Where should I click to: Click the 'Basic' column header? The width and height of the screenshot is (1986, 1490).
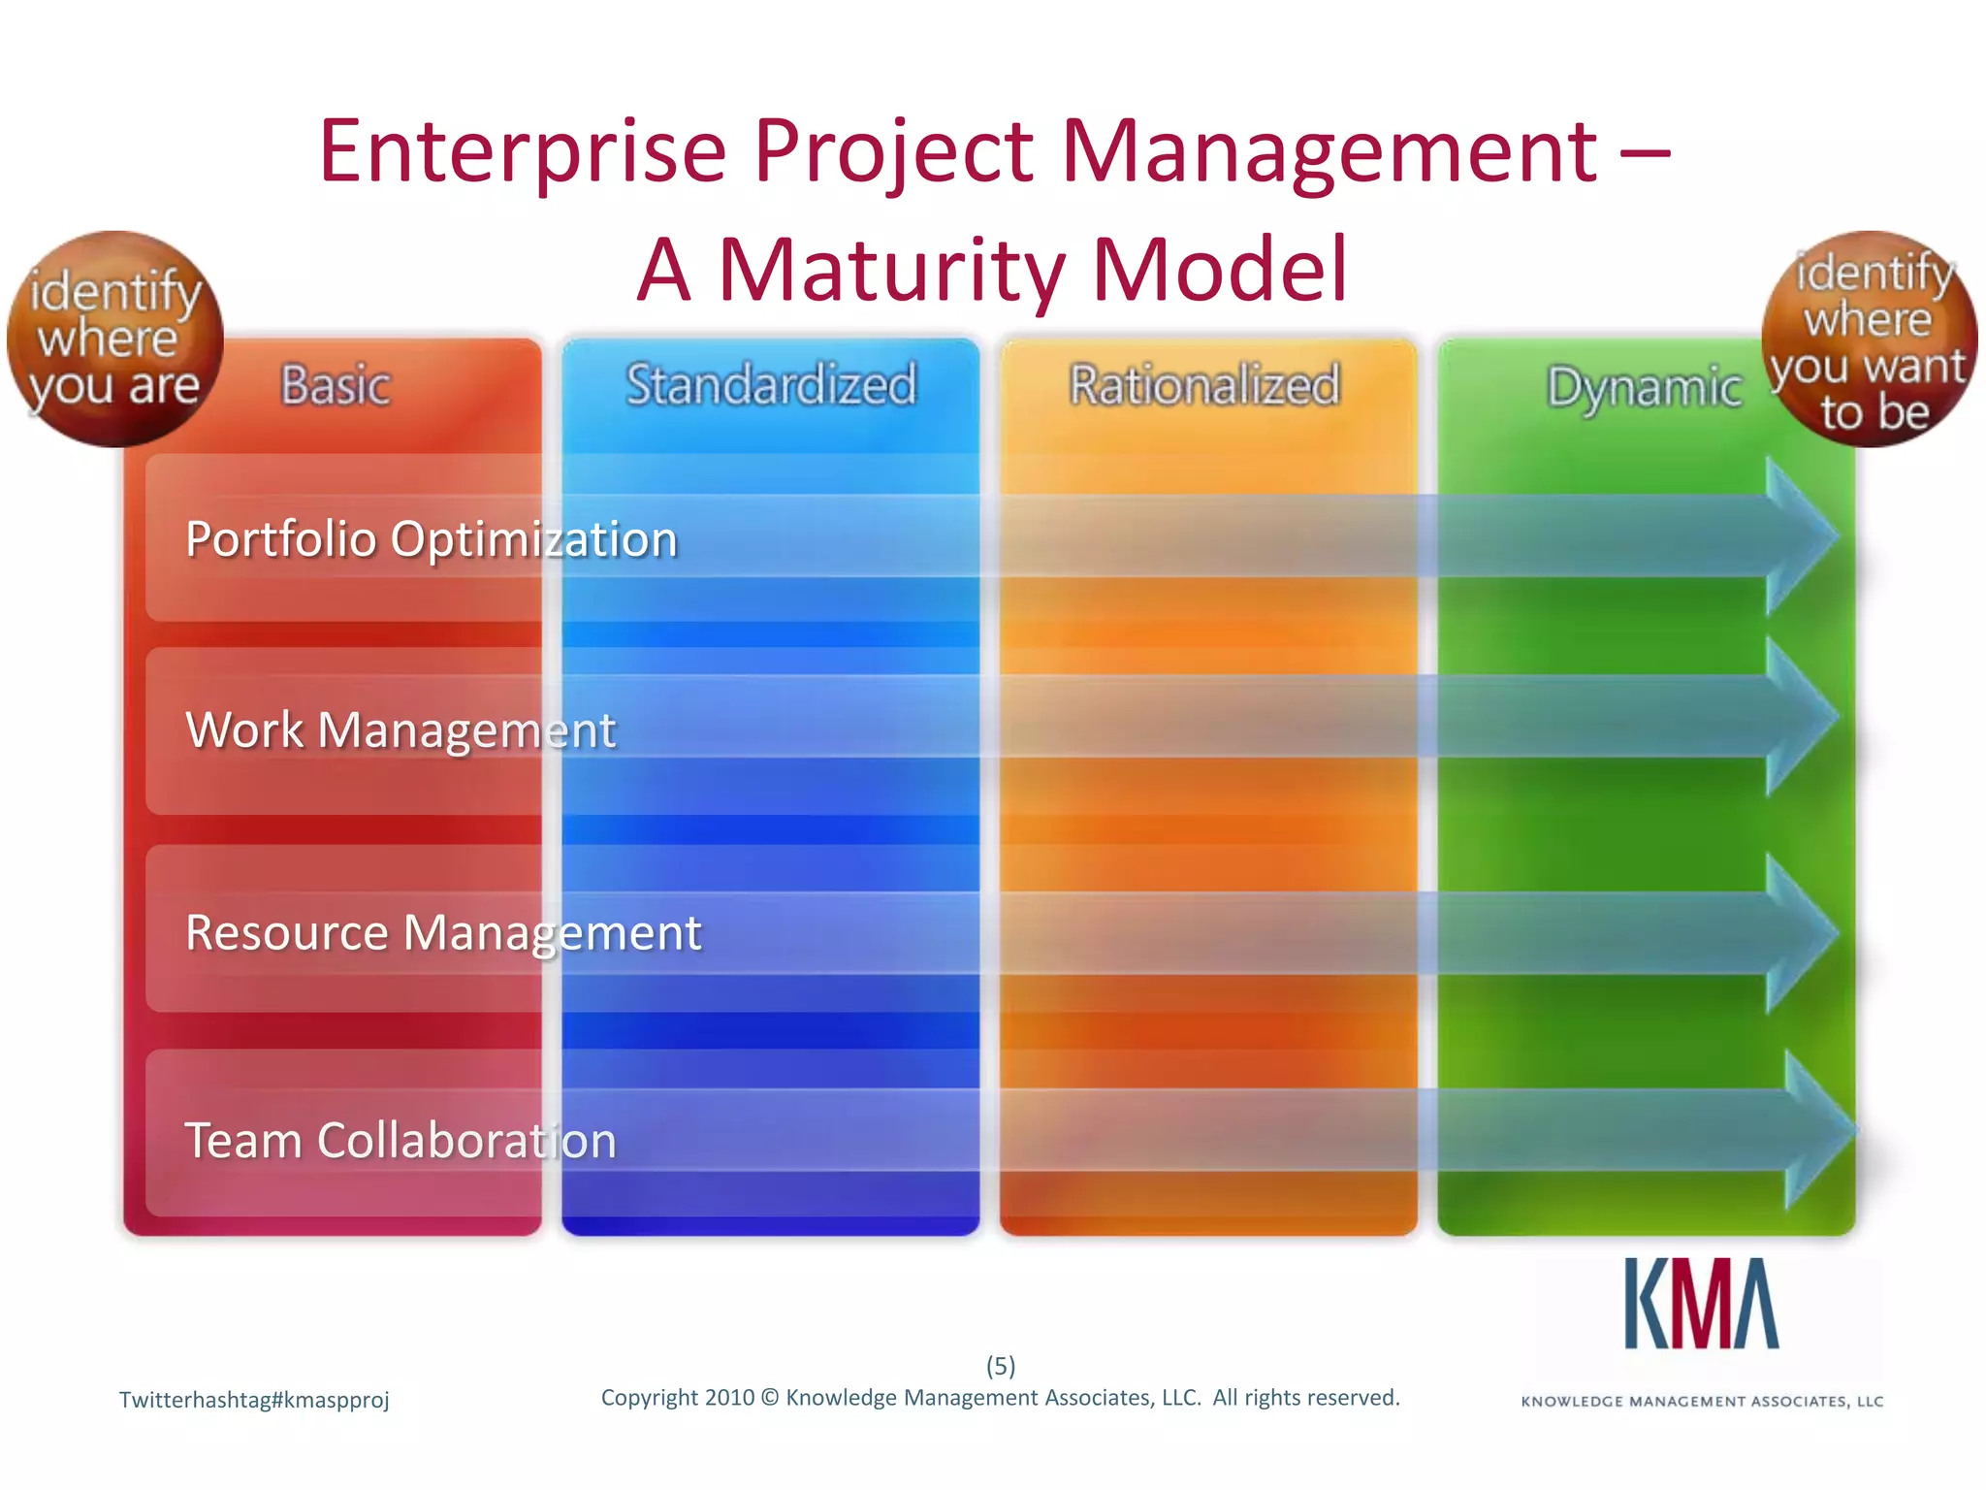click(x=336, y=385)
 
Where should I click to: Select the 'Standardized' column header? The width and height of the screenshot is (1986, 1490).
click(x=771, y=384)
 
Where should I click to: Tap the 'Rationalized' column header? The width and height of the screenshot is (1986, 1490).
click(x=1204, y=384)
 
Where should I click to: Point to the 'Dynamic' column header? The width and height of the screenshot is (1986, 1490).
click(x=1644, y=388)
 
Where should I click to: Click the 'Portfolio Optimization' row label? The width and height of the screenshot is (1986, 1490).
click(x=431, y=539)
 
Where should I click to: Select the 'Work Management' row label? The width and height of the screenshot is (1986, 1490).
click(x=400, y=729)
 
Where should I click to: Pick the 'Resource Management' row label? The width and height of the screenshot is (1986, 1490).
click(x=443, y=933)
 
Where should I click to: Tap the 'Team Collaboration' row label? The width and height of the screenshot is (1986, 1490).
click(x=400, y=1140)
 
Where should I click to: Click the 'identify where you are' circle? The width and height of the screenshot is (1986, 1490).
click(x=114, y=339)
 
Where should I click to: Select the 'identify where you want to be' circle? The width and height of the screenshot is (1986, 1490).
click(x=1869, y=339)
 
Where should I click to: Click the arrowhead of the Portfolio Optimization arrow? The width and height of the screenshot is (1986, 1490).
click(x=1800, y=535)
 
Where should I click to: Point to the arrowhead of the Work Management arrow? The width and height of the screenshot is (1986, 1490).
click(x=1800, y=717)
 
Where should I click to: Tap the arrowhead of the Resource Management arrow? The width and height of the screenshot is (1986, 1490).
click(x=1800, y=933)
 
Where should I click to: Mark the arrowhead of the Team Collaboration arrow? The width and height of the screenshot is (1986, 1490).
click(x=1817, y=1130)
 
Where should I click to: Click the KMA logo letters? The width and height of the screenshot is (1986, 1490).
click(x=1702, y=1305)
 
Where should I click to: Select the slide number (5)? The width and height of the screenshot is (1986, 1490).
click(x=1001, y=1366)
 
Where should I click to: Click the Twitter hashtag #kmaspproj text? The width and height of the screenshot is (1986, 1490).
click(x=254, y=1400)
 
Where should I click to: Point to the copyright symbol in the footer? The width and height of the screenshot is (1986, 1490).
click(x=770, y=1398)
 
